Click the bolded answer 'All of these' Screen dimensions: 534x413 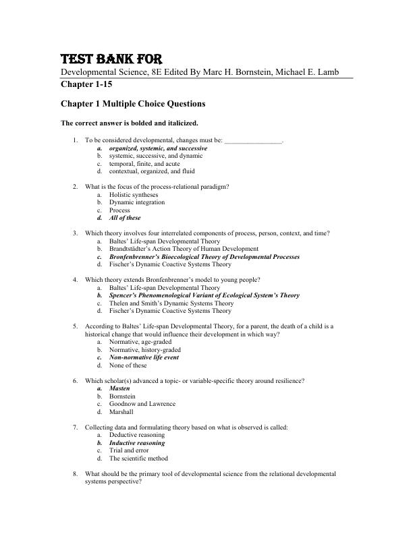[x=125, y=218]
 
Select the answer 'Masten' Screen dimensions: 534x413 [x=120, y=389]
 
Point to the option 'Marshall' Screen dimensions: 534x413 [x=121, y=412]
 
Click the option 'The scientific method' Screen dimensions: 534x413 [x=138, y=458]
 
